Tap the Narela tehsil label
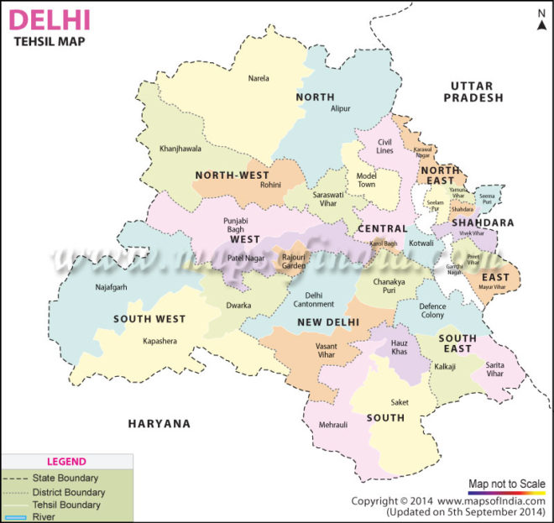coord(259,78)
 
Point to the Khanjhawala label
coord(180,149)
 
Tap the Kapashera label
coord(160,343)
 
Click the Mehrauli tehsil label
coord(333,425)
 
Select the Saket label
coord(400,402)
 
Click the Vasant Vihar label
coord(308,351)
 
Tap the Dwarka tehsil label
coord(238,306)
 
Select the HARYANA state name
coord(159,424)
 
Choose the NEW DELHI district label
coord(328,322)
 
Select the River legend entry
coord(44,517)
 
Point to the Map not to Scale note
coord(506,484)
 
